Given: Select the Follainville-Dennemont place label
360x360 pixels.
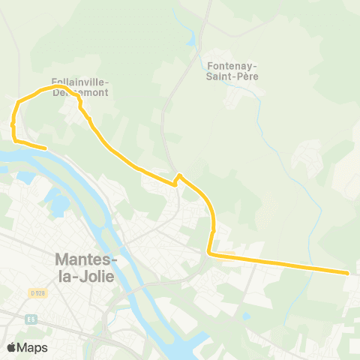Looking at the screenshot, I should click(80, 87).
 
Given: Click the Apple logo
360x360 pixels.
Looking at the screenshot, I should click(12, 347).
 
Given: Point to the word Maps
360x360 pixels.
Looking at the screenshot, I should click(33, 347).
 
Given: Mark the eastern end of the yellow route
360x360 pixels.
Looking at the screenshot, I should click(348, 273).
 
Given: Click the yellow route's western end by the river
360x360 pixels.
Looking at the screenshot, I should click(46, 148).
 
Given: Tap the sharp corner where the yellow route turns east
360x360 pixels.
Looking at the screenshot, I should click(211, 254).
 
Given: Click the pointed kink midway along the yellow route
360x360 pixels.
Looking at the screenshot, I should click(178, 175).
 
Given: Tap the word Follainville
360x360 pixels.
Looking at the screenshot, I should click(80, 82).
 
